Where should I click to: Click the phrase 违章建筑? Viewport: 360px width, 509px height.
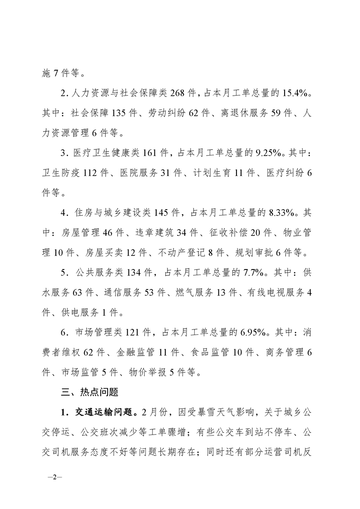click(x=153, y=233)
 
